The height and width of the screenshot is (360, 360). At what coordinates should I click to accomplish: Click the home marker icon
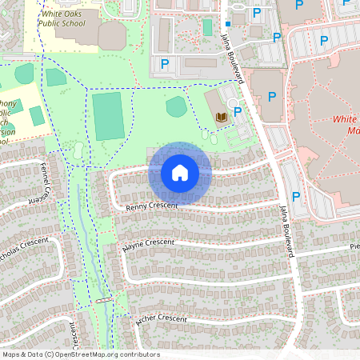pyautogui.click(x=180, y=173)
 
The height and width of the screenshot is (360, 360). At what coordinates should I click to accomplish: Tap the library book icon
pyautogui.click(x=222, y=118)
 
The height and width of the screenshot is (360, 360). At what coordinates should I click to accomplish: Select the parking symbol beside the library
pyautogui.click(x=238, y=111)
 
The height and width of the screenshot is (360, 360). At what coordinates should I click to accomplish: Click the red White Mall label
pyautogui.click(x=345, y=124)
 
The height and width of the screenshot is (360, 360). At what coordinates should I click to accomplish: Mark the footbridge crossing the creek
pyautogui.click(x=103, y=300)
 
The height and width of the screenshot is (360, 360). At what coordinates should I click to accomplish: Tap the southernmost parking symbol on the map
pyautogui.click(x=295, y=196)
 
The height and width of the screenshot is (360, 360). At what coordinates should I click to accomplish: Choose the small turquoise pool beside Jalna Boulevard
pyautogui.click(x=207, y=26)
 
